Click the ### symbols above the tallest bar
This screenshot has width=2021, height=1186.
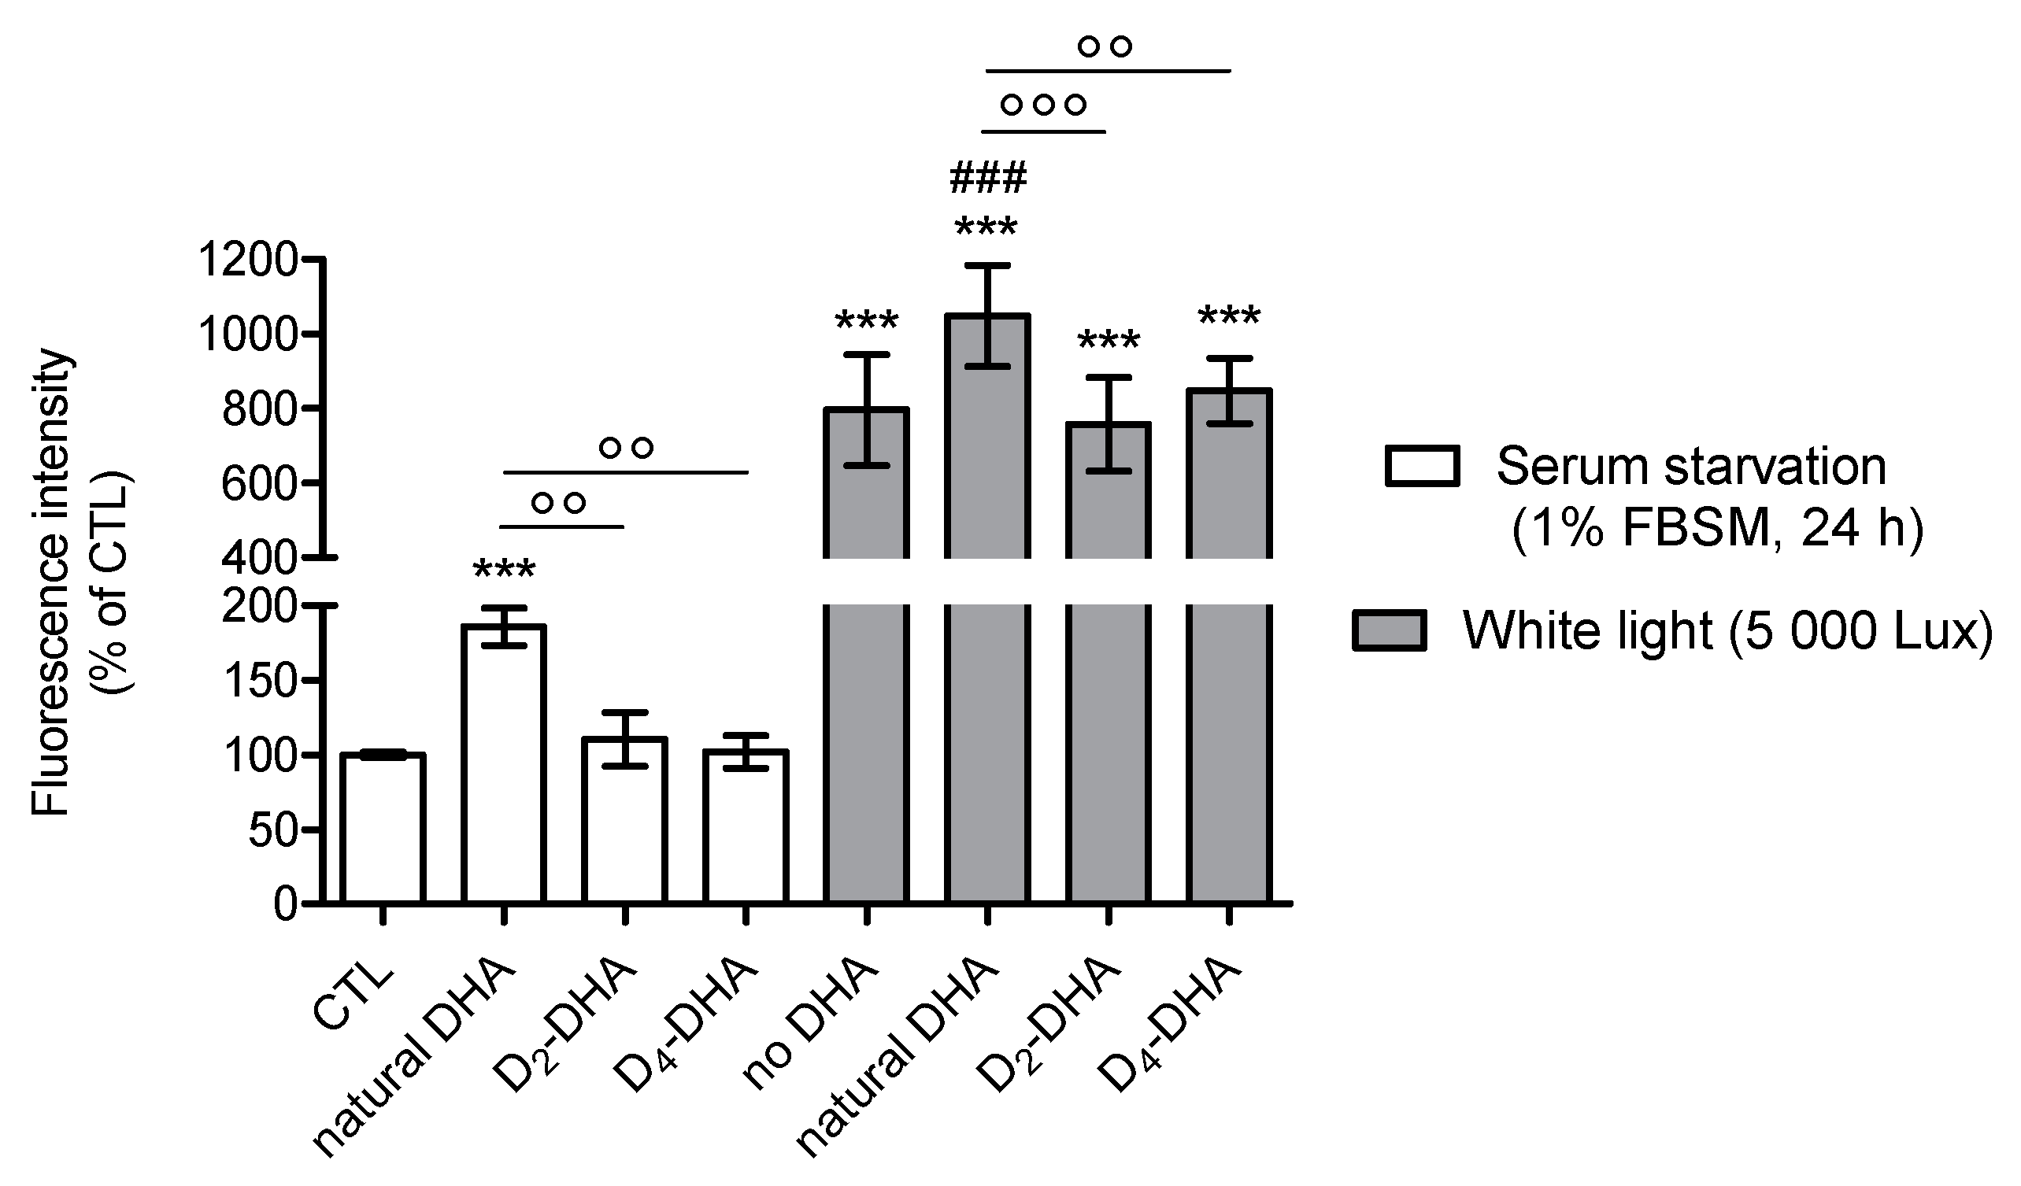987,178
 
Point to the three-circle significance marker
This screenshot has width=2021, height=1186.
1043,105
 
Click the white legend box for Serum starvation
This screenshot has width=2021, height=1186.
1422,466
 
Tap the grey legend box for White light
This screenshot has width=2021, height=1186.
1389,630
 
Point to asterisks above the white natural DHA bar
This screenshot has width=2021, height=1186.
504,571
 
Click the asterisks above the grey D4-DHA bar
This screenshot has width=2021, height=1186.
1229,316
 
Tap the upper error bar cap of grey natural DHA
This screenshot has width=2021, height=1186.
988,265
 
